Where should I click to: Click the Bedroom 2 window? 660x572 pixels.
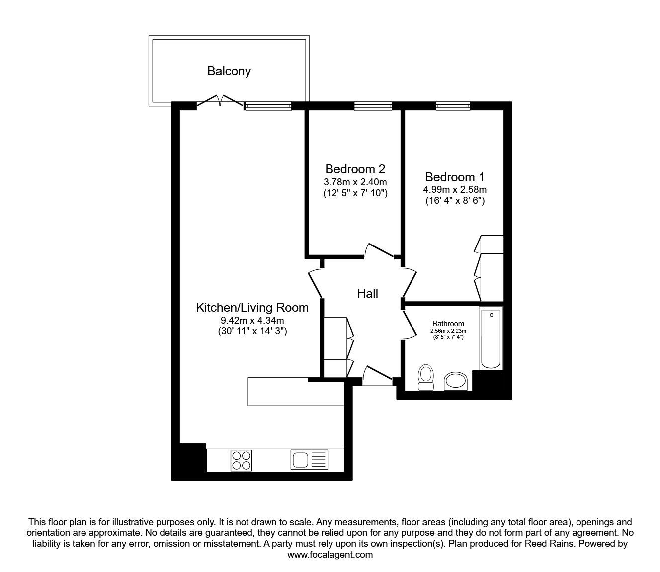(x=373, y=105)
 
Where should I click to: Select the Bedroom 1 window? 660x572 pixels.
(x=453, y=105)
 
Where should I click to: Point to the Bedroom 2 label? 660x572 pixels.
(x=355, y=169)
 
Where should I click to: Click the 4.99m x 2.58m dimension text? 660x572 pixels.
(x=455, y=189)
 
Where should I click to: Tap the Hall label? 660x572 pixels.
(x=367, y=294)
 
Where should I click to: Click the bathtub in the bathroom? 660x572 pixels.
(x=491, y=338)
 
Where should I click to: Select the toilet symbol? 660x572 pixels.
(x=425, y=378)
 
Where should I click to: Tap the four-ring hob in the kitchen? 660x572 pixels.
(x=241, y=460)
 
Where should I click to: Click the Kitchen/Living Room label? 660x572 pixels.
(x=252, y=308)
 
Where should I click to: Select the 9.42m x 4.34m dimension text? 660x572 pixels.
(x=252, y=321)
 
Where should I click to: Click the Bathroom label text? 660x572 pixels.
(x=448, y=324)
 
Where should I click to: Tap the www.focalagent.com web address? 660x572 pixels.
(x=330, y=555)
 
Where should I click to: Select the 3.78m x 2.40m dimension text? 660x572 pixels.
(x=355, y=181)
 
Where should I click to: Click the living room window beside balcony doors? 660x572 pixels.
(x=268, y=105)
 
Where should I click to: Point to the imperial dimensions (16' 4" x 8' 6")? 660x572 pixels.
(x=455, y=201)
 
